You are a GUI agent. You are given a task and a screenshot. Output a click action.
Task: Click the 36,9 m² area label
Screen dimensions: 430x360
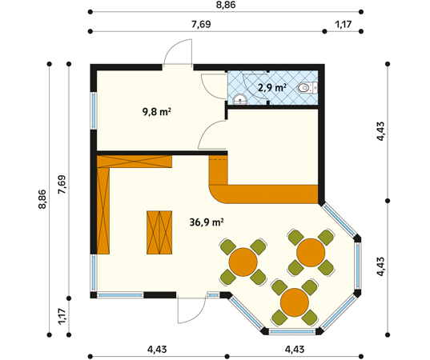[x=207, y=222]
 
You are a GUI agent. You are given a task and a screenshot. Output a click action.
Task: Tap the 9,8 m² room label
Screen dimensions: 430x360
[x=157, y=111]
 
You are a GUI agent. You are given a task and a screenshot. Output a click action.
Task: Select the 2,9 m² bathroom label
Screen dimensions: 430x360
[x=272, y=87]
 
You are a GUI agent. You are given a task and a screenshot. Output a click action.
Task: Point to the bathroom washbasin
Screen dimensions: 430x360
[x=240, y=99]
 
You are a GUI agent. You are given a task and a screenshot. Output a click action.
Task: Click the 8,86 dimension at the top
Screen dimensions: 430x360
[x=226, y=5]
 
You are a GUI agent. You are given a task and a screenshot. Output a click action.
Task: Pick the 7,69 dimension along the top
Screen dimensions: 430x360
[x=201, y=24]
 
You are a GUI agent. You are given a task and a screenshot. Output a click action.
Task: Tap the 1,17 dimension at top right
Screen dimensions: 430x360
[x=343, y=24]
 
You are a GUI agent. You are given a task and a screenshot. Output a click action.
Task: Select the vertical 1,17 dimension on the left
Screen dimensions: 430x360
[x=62, y=317]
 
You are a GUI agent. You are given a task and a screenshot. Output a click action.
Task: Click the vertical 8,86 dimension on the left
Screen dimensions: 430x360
[x=42, y=199]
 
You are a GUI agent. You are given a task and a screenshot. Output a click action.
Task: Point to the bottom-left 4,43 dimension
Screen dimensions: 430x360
[x=157, y=350]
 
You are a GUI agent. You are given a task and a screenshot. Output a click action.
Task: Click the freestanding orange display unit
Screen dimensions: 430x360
[x=159, y=233]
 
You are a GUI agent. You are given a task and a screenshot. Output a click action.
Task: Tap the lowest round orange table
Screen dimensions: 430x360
[x=295, y=302]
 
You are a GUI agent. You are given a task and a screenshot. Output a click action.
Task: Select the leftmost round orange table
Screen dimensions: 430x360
[x=243, y=262]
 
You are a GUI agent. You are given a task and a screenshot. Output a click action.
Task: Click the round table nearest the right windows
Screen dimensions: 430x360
[x=311, y=253]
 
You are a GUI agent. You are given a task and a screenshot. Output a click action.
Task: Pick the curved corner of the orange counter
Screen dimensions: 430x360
[x=217, y=195]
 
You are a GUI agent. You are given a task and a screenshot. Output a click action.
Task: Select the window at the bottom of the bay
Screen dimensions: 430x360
[x=291, y=332]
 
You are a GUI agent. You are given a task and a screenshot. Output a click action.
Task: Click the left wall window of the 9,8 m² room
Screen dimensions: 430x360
[x=94, y=110]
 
